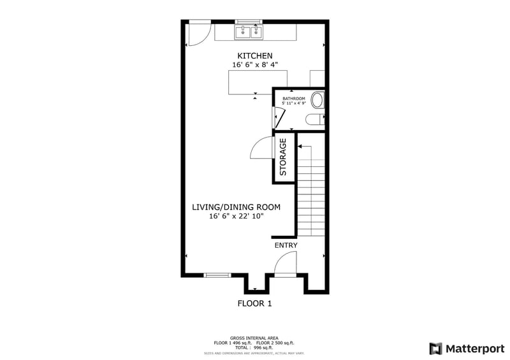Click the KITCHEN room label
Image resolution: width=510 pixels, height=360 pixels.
(255, 56)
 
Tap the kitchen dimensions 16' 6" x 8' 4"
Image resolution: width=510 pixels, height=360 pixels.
(255, 65)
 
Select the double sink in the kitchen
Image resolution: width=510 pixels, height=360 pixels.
(249, 32)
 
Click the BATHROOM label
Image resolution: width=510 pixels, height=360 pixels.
(295, 99)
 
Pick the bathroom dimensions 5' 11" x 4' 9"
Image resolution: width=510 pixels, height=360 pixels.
(295, 103)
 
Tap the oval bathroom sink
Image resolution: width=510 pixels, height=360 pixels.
(317, 99)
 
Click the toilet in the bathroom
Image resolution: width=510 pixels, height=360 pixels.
(315, 119)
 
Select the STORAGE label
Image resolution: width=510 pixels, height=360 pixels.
(283, 157)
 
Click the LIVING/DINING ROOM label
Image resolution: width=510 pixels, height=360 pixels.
(237, 207)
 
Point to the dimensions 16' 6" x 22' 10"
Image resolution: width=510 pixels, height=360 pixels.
(237, 217)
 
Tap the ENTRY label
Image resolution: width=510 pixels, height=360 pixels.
(286, 245)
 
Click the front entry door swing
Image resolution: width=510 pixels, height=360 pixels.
(287, 263)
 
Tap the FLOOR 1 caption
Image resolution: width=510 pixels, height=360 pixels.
(255, 303)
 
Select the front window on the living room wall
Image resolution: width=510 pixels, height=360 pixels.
(217, 275)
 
